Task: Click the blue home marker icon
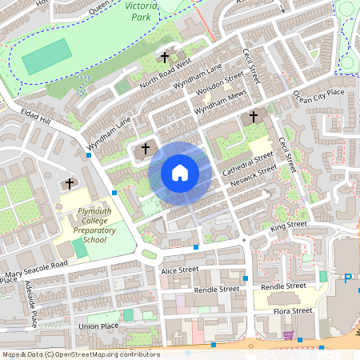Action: tap(180, 172)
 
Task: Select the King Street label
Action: tap(289, 227)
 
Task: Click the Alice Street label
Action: tap(179, 270)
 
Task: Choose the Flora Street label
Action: tap(290, 310)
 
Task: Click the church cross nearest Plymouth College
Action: tap(69, 184)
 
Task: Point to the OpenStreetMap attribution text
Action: tap(80, 354)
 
